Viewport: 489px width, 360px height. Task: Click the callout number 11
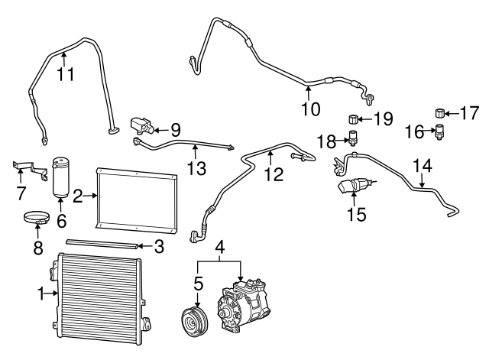pos(66,74)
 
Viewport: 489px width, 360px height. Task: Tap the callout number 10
pos(309,109)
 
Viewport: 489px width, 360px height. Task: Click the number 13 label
pos(196,167)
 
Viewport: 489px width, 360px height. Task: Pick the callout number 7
pos(21,192)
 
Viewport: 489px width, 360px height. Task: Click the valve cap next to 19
pos(354,118)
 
